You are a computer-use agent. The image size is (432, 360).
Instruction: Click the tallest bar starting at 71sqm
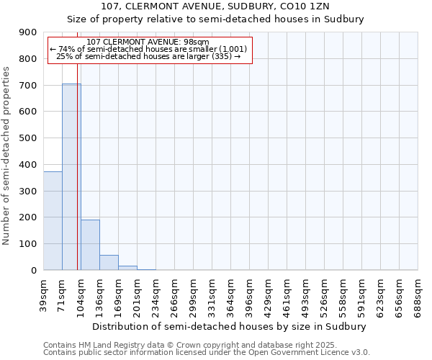71,176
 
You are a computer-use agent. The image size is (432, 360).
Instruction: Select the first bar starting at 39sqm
53,220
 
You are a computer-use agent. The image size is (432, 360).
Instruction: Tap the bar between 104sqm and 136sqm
90,245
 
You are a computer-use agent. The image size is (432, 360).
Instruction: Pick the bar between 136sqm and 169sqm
109,263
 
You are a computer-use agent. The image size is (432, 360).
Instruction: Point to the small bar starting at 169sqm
127,268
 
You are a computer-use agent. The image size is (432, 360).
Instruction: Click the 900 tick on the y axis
28,32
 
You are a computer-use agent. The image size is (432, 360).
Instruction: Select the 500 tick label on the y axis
28,138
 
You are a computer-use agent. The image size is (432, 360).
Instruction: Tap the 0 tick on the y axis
33,271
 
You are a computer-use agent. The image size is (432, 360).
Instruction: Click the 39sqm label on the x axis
44,292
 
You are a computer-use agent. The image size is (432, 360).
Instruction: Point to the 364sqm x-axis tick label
231,294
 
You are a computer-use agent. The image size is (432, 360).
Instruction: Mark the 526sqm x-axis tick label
325,294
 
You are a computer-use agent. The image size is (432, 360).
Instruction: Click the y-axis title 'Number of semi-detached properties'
7,156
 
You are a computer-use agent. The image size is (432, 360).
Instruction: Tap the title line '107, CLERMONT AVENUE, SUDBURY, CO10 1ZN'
215,6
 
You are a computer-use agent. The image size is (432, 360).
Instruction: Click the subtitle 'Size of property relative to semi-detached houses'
215,19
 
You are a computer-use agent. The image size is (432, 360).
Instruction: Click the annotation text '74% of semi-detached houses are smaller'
148,49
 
